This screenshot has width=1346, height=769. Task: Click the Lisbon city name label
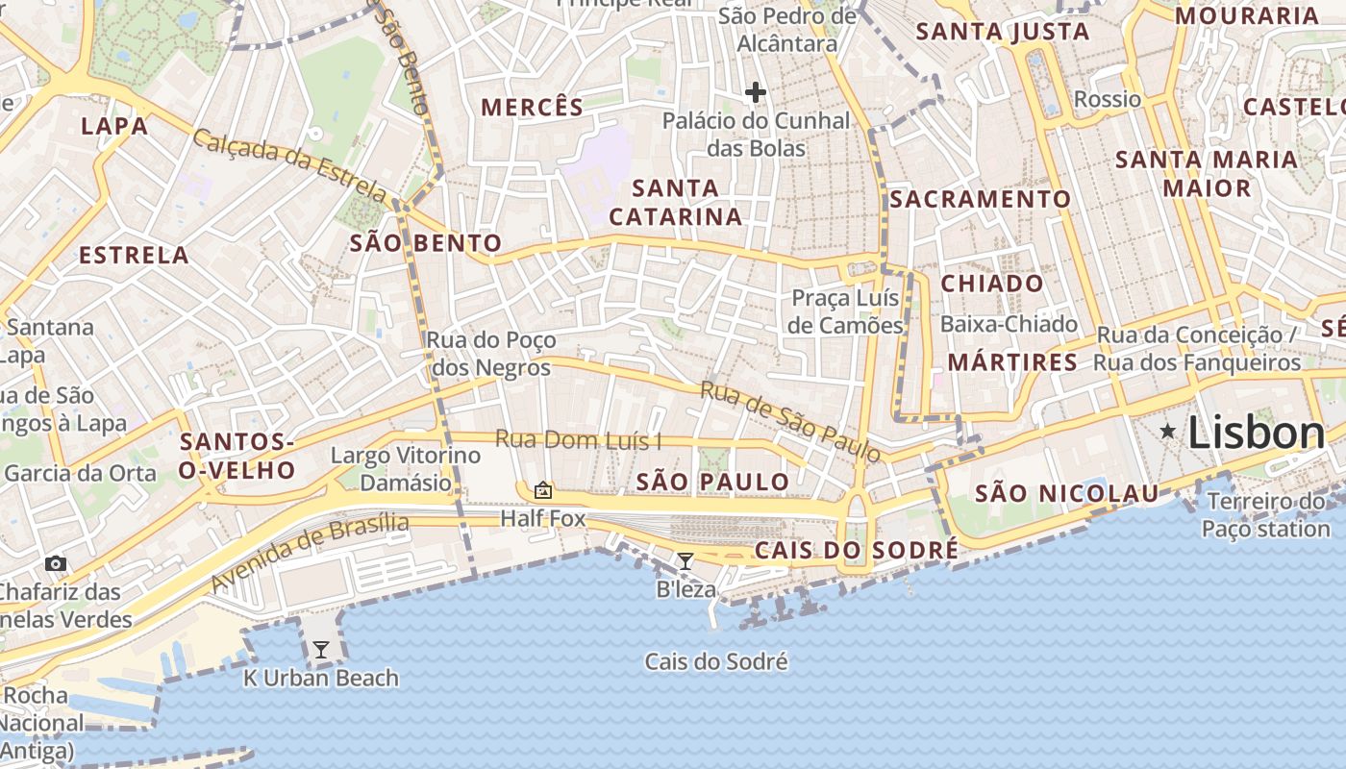tap(1256, 434)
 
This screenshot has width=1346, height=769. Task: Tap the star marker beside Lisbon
tap(1167, 432)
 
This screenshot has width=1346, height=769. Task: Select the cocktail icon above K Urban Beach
tap(321, 650)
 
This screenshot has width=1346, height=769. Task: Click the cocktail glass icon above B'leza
tap(685, 561)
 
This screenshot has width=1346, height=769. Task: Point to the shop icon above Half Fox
tap(542, 490)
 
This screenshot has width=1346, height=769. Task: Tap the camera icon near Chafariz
tap(56, 563)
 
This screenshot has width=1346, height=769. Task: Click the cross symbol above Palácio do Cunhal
tap(756, 92)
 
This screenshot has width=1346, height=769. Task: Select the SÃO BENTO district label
tap(426, 243)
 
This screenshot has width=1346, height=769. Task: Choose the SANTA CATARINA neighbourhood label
tap(676, 202)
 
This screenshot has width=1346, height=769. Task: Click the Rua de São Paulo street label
tap(789, 421)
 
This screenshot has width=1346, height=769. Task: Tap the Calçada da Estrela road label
tap(289, 166)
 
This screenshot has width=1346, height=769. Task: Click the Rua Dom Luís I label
tap(578, 440)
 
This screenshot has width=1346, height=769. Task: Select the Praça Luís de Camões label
tap(846, 311)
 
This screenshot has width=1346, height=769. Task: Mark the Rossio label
tap(1108, 99)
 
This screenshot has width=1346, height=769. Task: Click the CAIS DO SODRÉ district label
tap(856, 550)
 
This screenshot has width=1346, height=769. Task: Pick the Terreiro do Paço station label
tap(1265, 515)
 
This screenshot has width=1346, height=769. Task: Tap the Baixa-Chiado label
tap(1009, 324)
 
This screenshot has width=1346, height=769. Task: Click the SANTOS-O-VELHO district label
tap(237, 457)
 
